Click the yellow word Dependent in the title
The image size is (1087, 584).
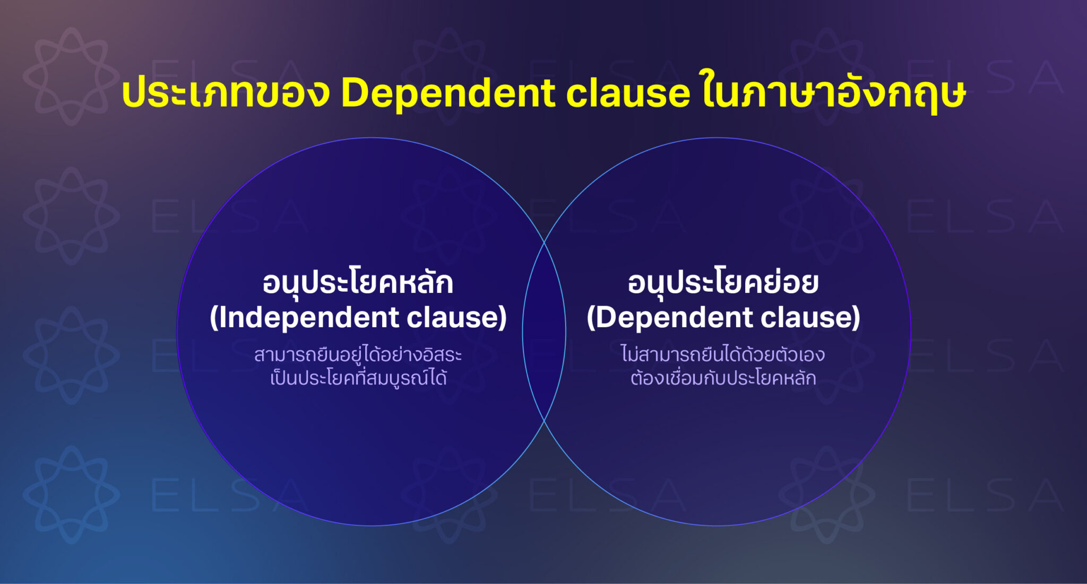pyautogui.click(x=448, y=93)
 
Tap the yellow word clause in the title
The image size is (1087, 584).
pyautogui.click(x=628, y=93)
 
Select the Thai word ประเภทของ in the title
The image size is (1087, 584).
pyautogui.click(x=226, y=93)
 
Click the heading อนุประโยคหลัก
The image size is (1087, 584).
pyautogui.click(x=358, y=283)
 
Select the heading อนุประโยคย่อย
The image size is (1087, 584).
pyautogui.click(x=723, y=283)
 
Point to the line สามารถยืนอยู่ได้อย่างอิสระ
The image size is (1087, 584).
pyautogui.click(x=358, y=355)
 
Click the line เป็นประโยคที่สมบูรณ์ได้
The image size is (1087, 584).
pyautogui.click(x=358, y=378)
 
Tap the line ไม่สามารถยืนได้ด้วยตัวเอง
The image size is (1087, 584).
pyautogui.click(x=723, y=354)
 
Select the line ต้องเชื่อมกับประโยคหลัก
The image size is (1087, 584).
pyautogui.click(x=723, y=378)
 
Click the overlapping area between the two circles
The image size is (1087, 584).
pyautogui.click(x=544, y=332)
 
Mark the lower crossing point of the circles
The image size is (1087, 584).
pyautogui.click(x=544, y=421)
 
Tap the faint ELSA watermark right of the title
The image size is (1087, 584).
pyautogui.click(x=985, y=77)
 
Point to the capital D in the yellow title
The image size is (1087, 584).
pyautogui.click(x=357, y=93)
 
